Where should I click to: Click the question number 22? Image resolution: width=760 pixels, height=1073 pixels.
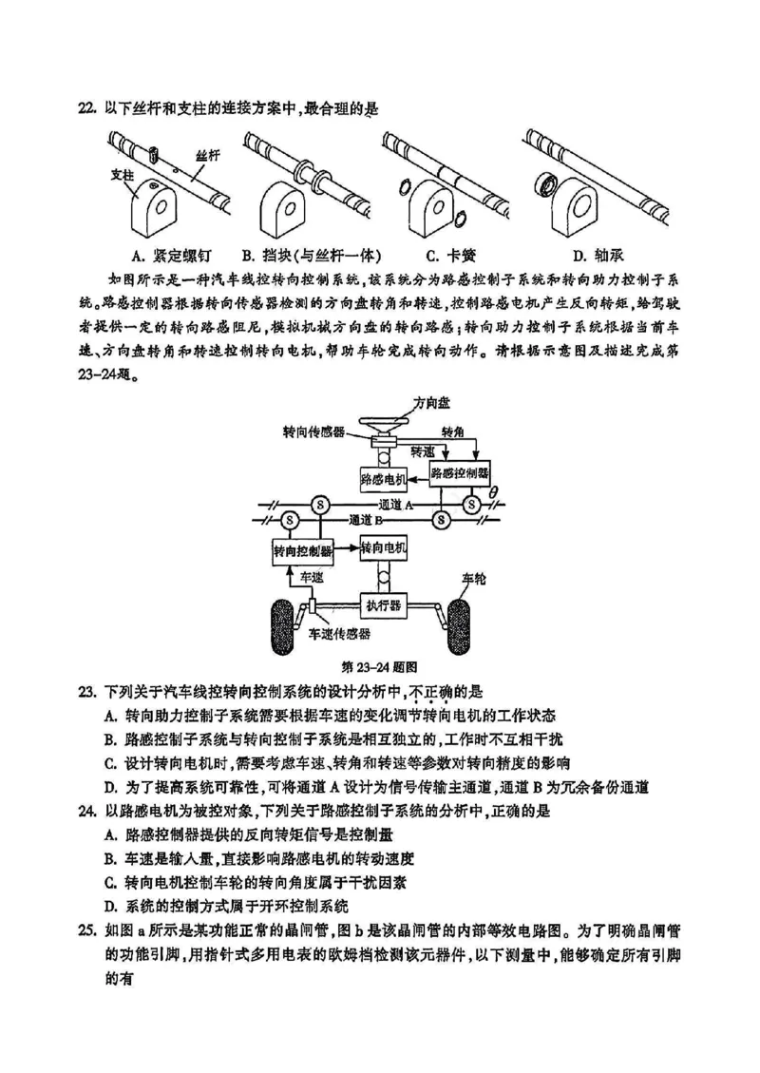pos(87,109)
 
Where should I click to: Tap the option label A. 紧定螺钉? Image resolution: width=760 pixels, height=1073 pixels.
pos(171,255)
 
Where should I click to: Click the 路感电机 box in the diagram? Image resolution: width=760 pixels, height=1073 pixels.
pos(384,477)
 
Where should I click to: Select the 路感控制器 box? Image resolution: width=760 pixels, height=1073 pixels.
pos(461,471)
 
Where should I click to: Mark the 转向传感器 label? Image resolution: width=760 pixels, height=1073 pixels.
pos(313,431)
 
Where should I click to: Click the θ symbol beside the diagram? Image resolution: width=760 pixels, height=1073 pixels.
pos(492,490)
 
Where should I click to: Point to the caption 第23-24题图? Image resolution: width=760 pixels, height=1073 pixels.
pos(380,666)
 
